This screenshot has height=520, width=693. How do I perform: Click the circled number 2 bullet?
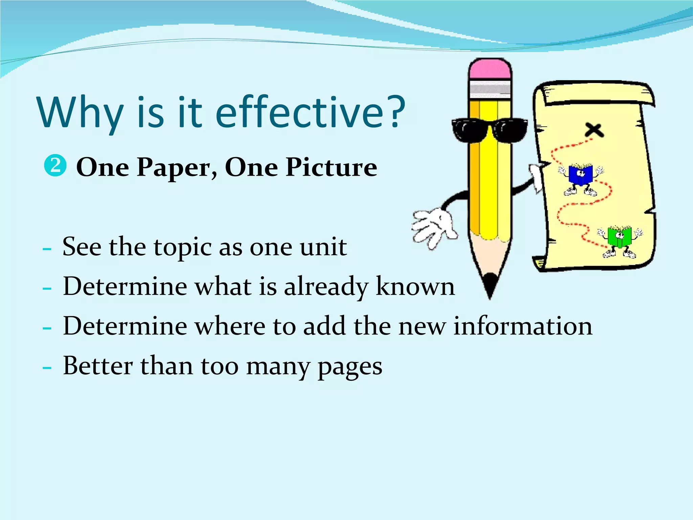(55, 166)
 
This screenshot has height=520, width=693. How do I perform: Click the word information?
(523, 326)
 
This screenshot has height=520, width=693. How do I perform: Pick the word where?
(230, 326)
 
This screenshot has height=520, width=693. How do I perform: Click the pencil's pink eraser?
(490, 70)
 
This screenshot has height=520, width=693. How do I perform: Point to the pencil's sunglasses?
(489, 130)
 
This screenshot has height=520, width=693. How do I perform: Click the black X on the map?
(594, 130)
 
